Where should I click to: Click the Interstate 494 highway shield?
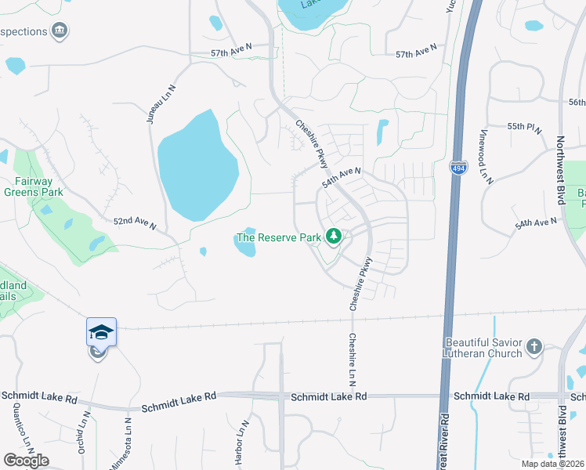(458, 168)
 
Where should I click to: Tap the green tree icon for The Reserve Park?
(334, 236)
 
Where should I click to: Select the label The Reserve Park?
(279, 237)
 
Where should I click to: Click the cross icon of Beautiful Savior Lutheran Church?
(534, 345)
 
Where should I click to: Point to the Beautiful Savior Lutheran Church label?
(483, 348)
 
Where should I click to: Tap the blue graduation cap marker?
(101, 332)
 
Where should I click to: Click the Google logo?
(26, 460)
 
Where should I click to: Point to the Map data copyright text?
(553, 464)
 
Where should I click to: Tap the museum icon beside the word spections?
(60, 31)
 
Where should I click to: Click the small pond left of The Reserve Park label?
(203, 251)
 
